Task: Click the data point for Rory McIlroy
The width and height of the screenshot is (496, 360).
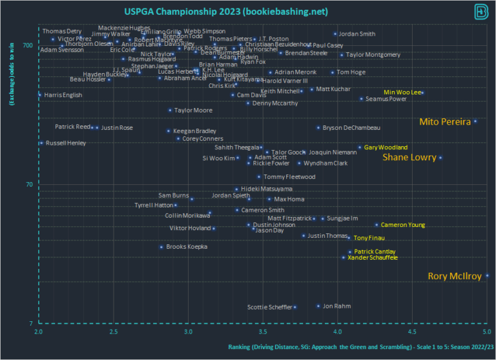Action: [487, 276]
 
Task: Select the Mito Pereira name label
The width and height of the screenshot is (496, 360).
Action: [444, 122]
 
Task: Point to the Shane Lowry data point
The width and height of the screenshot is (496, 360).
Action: [440, 158]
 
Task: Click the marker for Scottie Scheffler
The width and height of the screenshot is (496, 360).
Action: [295, 307]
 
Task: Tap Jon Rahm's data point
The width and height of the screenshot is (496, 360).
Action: [318, 306]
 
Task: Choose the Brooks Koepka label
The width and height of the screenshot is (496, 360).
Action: [187, 247]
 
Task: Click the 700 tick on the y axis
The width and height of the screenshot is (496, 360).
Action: [28, 45]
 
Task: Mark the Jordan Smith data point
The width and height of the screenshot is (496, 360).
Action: [335, 34]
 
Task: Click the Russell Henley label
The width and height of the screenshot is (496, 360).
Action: [65, 143]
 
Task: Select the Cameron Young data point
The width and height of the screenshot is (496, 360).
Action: [377, 225]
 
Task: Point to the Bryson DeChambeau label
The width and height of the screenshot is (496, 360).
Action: [351, 128]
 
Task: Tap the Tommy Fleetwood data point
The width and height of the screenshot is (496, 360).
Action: [259, 177]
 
